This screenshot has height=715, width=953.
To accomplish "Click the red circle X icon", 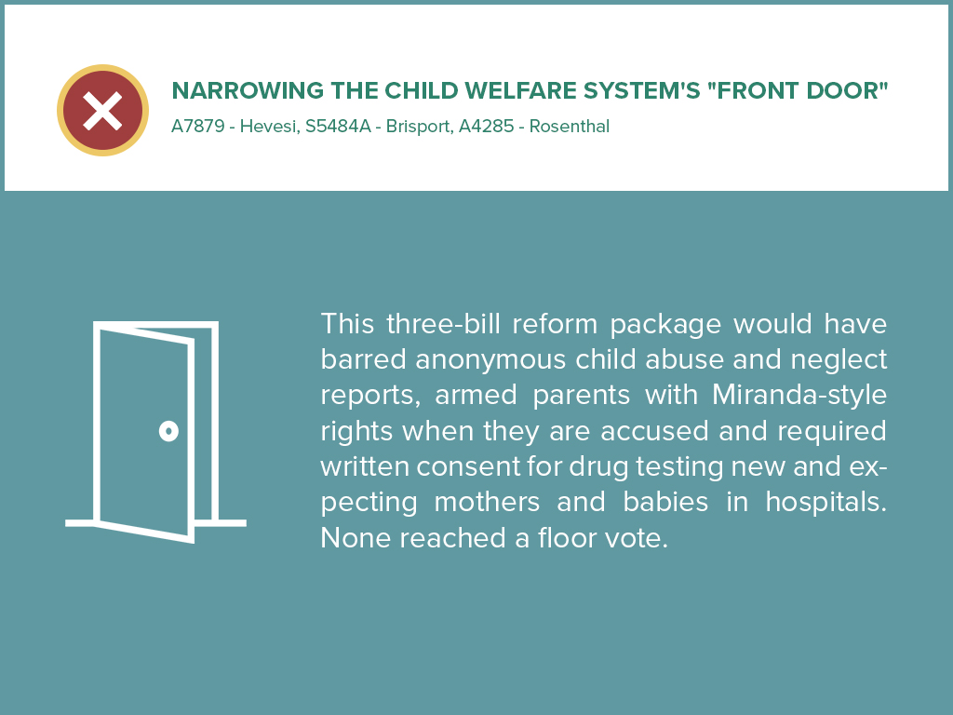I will pos(102,111).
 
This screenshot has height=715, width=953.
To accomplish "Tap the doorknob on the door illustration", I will pos(168,430).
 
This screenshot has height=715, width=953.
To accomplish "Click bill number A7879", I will pos(197,127).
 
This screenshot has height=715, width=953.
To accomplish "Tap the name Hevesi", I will pos(268,127).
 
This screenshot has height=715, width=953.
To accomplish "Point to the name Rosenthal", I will pos(570,127).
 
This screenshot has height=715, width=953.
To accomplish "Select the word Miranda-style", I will pos(799,396).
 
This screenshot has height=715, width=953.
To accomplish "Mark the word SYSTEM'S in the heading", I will pos(672,91).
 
